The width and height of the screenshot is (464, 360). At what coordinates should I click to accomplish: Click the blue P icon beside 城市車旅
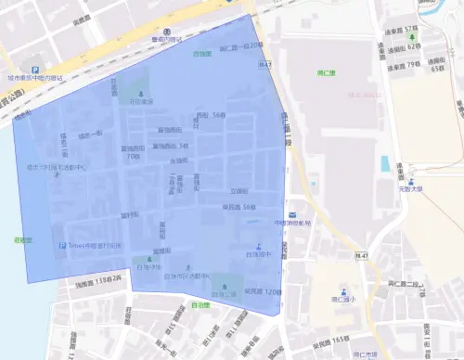point(35,70)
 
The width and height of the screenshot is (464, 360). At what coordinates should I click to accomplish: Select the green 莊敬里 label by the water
point(24,240)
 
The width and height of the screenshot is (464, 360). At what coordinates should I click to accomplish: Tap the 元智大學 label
point(410,188)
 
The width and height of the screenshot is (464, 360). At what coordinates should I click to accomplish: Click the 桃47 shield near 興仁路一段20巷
point(264,65)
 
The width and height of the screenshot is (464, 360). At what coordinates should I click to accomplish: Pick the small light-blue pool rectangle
point(384,163)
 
